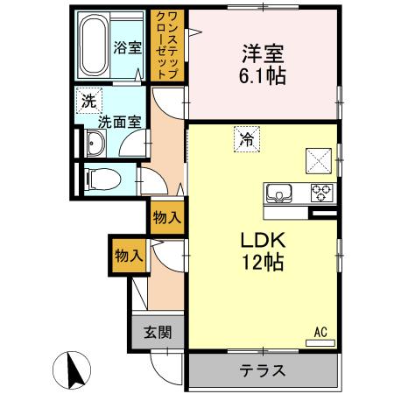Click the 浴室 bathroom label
(x=128, y=48)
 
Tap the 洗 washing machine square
(x=88, y=100)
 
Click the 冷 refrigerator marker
(x=248, y=137)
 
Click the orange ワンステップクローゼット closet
(x=166, y=46)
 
